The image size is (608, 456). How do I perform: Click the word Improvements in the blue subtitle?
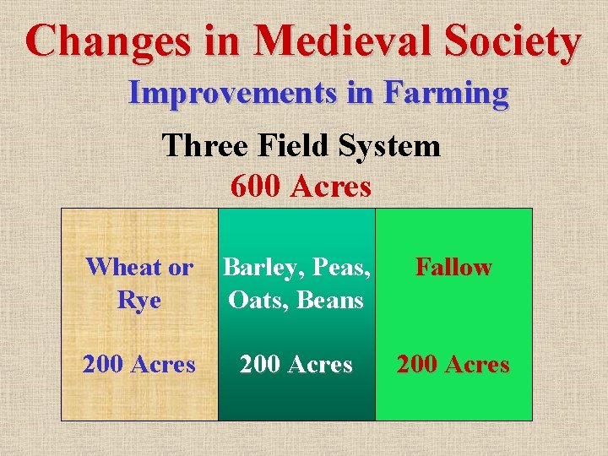pyautogui.click(x=233, y=93)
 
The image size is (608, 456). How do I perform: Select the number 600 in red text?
pyautogui.click(x=256, y=186)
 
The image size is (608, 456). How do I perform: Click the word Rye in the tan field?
pyautogui.click(x=138, y=300)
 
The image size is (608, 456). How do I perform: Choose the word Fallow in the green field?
pyautogui.click(x=453, y=268)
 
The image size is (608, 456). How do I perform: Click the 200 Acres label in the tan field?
pyautogui.click(x=138, y=365)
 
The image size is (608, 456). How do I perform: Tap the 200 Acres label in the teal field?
pyautogui.click(x=296, y=365)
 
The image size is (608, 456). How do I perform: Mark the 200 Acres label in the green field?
pyautogui.click(x=453, y=365)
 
